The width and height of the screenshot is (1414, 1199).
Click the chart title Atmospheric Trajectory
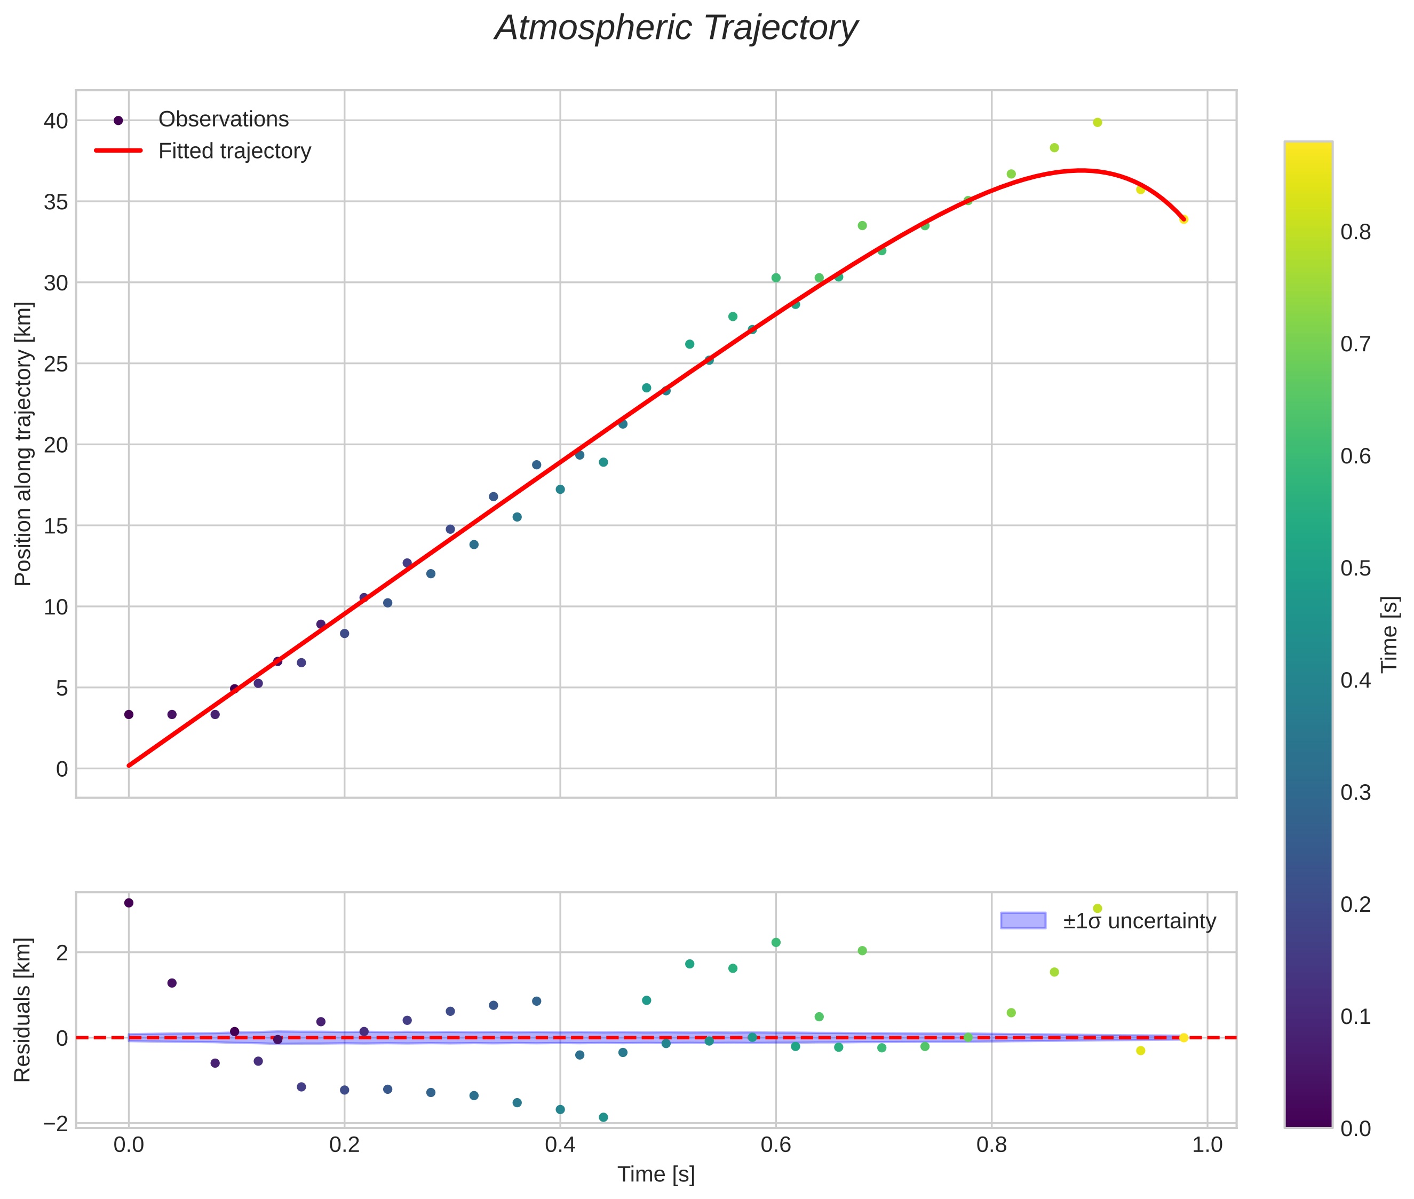point(676,28)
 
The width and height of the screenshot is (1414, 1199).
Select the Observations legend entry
point(223,120)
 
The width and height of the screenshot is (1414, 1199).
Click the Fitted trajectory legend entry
point(234,151)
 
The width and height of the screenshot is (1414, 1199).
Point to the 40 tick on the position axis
point(55,121)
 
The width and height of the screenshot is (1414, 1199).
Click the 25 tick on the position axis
point(55,364)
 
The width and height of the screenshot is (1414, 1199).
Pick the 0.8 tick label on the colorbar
point(1355,232)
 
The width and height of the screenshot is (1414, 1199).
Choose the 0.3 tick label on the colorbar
point(1355,793)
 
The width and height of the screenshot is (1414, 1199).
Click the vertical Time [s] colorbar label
point(1390,634)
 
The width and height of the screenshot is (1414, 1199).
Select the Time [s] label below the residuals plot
point(656,1174)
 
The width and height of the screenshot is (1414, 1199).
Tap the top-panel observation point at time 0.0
point(129,714)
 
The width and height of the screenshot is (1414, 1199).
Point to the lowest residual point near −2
point(603,1117)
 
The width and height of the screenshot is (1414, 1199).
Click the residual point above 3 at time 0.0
point(129,903)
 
